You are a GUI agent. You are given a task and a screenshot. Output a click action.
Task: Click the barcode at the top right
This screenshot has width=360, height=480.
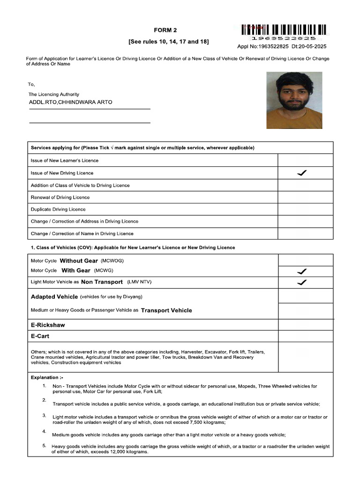284,30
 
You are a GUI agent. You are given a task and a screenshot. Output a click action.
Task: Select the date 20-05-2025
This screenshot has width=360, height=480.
312,47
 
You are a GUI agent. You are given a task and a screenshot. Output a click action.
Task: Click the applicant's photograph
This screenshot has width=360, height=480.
294,100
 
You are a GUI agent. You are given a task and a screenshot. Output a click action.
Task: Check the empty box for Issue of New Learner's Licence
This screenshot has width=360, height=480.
305,160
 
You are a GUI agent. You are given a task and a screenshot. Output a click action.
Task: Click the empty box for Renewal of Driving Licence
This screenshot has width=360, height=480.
305,197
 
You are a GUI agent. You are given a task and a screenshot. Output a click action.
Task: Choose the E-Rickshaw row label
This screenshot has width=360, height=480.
48,325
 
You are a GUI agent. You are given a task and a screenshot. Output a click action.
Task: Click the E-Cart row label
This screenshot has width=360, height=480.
40,336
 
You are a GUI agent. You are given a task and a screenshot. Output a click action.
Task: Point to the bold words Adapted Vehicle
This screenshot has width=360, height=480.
54,297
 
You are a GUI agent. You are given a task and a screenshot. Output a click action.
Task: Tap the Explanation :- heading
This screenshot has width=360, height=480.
47,377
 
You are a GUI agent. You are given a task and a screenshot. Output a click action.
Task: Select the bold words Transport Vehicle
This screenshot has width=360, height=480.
166,310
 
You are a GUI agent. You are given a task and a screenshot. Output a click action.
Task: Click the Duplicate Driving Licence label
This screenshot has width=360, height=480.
58,210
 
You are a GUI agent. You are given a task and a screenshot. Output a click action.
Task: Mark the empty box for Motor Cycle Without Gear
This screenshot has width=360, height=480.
305,260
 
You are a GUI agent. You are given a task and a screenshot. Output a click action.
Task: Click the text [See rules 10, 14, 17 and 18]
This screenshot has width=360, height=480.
169,42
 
